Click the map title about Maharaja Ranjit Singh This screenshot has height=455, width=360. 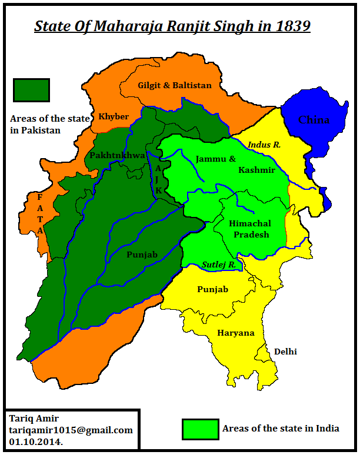click(x=172, y=26)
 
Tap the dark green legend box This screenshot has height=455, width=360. click(x=31, y=90)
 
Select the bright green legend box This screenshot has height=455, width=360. click(x=200, y=429)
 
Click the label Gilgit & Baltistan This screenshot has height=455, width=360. click(x=174, y=85)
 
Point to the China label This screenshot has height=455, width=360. click(x=314, y=120)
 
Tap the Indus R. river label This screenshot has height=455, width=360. click(x=264, y=145)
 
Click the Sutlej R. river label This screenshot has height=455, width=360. click(x=219, y=265)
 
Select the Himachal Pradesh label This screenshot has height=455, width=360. click(x=250, y=229)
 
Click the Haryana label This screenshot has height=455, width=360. click(x=236, y=333)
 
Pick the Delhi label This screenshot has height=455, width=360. click(x=285, y=352)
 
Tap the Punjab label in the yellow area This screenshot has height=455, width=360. click(x=213, y=290)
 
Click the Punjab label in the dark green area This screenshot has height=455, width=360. click(x=142, y=255)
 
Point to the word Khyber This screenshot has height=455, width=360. click(x=114, y=116)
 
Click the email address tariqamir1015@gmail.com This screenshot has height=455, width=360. click(x=71, y=430)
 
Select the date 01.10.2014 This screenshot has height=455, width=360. click(x=36, y=441)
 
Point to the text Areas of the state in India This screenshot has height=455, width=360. click(x=281, y=429)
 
